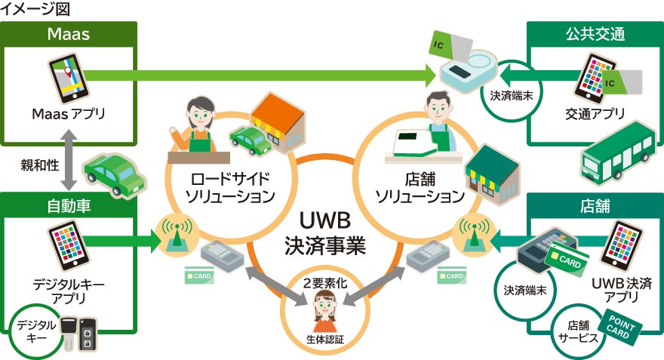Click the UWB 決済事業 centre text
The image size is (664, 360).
(325, 234)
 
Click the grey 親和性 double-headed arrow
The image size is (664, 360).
(69, 163)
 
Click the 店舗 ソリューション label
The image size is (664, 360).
(420, 188)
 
